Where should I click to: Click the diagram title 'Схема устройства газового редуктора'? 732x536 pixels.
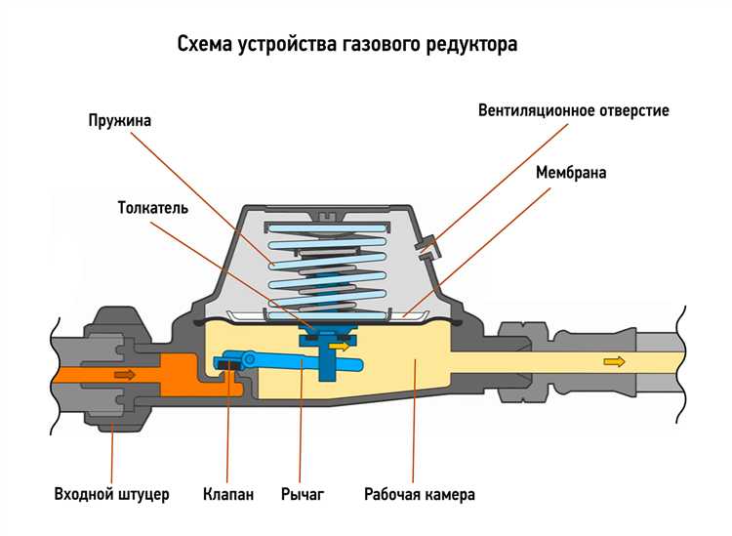click(x=346, y=45)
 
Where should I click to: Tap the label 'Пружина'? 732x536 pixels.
click(x=120, y=120)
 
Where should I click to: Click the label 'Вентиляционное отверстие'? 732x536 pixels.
click(x=573, y=109)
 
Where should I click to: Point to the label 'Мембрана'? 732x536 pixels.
click(x=571, y=173)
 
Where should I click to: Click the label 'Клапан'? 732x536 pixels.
click(x=229, y=494)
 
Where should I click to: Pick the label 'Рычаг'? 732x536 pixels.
click(x=302, y=494)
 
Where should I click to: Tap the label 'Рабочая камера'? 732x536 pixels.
click(x=420, y=494)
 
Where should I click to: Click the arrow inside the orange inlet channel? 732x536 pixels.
click(x=125, y=374)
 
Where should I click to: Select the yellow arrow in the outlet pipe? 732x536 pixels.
click(x=614, y=362)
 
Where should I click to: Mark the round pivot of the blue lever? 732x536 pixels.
click(x=249, y=359)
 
